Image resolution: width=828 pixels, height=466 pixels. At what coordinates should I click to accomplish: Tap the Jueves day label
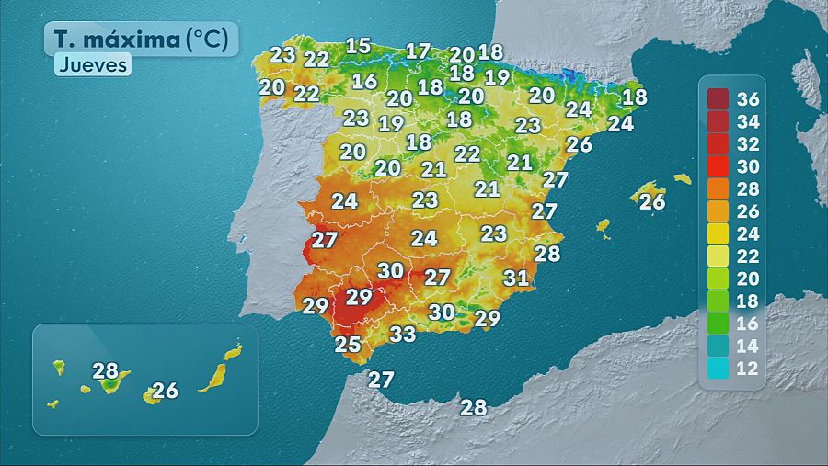pyautogui.click(x=93, y=65)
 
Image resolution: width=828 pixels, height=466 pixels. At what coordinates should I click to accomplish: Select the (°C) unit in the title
pyautogui.click(x=212, y=40)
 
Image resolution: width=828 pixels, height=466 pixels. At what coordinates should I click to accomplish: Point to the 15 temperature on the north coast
pyautogui.click(x=358, y=46)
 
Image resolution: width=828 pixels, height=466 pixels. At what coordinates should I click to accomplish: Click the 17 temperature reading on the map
pyautogui.click(x=418, y=51)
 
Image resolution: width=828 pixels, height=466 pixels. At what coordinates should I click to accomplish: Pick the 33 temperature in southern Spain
pyautogui.click(x=402, y=335)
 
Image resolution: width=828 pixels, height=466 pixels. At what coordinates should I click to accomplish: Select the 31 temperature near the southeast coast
pyautogui.click(x=516, y=278)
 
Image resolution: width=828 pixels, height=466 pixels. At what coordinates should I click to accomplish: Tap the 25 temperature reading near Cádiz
pyautogui.click(x=348, y=345)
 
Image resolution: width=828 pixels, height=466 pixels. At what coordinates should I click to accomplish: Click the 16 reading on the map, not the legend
pyautogui.click(x=364, y=81)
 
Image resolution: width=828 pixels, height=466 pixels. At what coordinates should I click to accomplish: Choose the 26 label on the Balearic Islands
pyautogui.click(x=651, y=202)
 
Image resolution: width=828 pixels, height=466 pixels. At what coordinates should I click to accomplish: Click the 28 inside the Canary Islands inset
pyautogui.click(x=106, y=371)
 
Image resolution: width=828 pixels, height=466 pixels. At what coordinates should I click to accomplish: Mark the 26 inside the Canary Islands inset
pyautogui.click(x=165, y=391)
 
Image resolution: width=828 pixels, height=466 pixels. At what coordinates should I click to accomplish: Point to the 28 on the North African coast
pyautogui.click(x=473, y=408)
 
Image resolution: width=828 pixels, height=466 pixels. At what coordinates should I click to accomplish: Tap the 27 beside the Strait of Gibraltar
pyautogui.click(x=381, y=379)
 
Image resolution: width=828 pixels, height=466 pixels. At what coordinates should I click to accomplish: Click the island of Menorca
pyautogui.click(x=682, y=178)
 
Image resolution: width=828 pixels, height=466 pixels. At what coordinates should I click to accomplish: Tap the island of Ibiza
pyautogui.click(x=604, y=225)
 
